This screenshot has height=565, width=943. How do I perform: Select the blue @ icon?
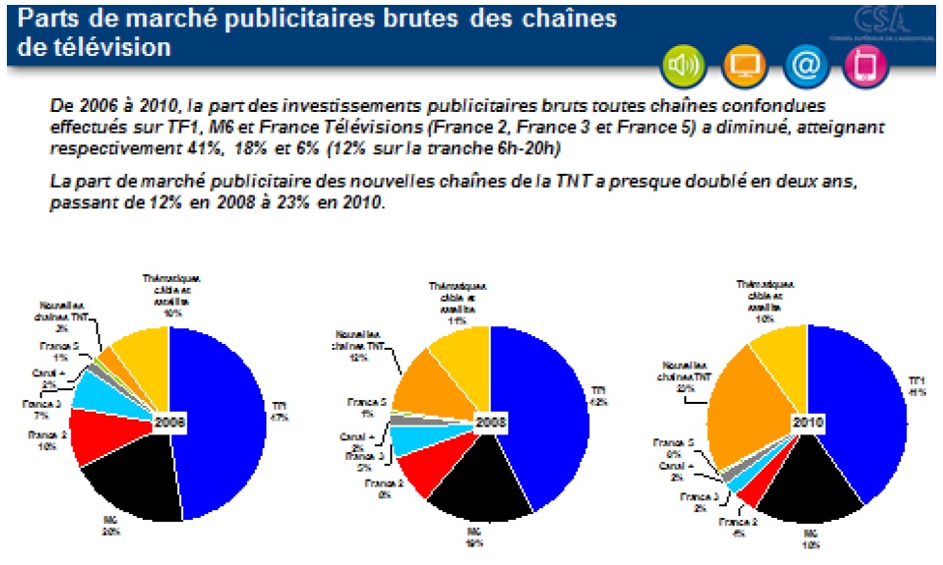(803, 66)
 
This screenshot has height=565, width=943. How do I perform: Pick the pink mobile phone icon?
(864, 66)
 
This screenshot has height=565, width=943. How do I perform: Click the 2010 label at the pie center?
(809, 424)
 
